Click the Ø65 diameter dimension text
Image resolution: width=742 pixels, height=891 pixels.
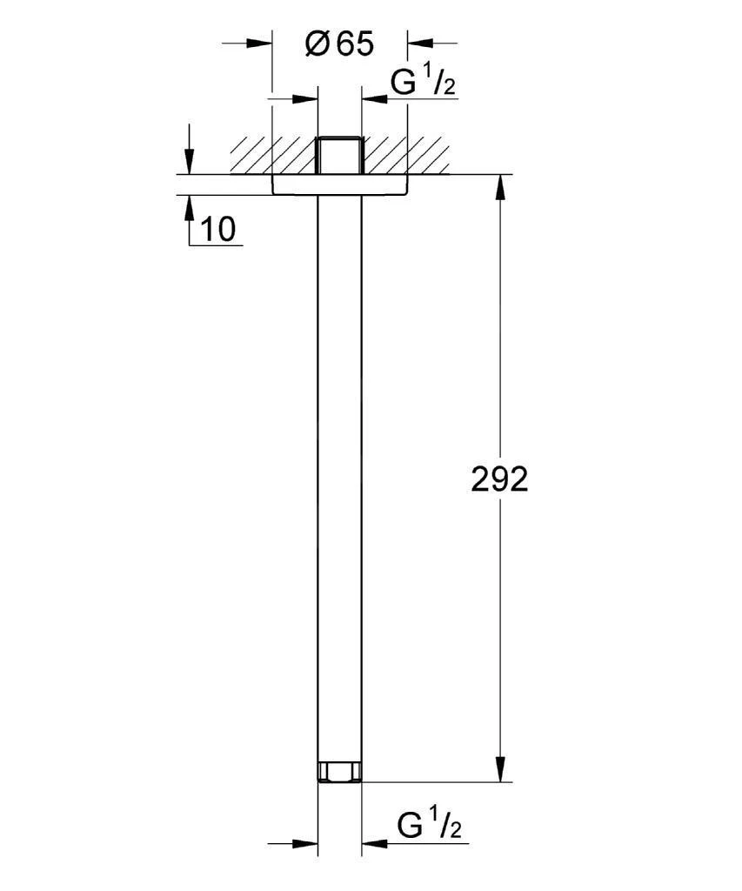340,44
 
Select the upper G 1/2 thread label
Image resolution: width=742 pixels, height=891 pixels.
424,83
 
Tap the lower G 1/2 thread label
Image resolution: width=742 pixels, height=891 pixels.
430,825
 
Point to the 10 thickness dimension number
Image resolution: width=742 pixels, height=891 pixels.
217,229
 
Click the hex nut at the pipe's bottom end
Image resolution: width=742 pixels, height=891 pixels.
340,772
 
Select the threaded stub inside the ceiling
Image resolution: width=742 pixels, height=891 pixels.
340,155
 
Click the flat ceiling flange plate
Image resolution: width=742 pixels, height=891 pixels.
340,184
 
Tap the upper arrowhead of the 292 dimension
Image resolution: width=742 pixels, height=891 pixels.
500,187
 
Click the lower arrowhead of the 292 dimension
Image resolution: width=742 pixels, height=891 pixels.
500,769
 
